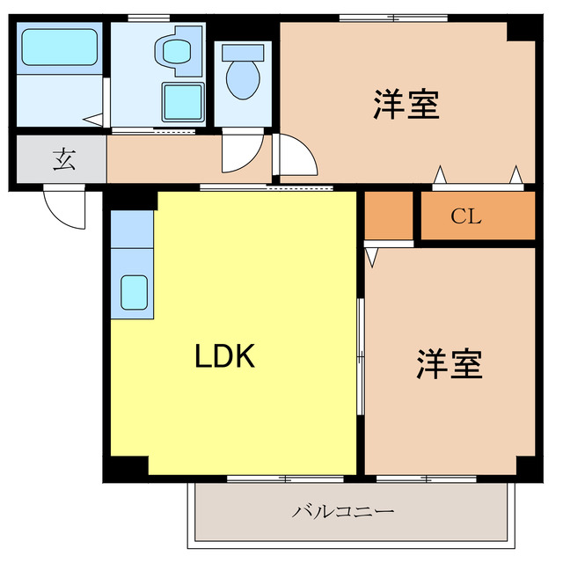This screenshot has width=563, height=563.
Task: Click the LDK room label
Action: [x=224, y=356]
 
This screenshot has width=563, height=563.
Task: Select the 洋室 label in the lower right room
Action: [x=450, y=363]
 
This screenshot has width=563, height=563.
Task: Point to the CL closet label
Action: [x=466, y=216]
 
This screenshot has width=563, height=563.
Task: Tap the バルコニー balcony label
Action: [x=343, y=511]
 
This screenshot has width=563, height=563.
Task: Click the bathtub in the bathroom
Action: [x=59, y=47]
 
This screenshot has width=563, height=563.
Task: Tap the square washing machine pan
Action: [x=184, y=102]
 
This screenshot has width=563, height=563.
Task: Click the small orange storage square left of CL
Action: [x=388, y=214]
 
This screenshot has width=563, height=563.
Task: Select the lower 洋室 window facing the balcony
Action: [x=426, y=479]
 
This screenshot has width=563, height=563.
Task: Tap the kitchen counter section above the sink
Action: [x=132, y=228]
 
